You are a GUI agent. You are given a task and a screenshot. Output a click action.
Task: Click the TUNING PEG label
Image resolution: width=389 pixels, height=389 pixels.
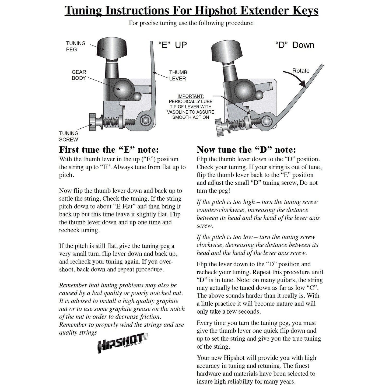[76, 46]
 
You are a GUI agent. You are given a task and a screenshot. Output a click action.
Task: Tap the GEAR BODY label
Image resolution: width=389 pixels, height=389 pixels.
[79, 75]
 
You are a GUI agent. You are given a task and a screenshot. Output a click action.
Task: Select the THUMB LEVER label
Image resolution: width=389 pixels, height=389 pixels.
[178, 75]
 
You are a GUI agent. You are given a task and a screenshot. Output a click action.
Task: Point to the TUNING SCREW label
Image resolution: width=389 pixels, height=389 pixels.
[69, 136]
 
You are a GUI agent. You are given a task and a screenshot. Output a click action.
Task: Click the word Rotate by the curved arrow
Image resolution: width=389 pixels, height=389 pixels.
[301, 71]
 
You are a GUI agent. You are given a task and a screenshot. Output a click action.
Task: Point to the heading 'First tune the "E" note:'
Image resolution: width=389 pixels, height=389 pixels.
[109, 149]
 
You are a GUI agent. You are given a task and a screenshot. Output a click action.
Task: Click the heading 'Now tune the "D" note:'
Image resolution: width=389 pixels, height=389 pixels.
[246, 149]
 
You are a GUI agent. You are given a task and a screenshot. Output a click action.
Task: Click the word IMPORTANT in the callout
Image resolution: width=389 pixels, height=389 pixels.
[191, 96]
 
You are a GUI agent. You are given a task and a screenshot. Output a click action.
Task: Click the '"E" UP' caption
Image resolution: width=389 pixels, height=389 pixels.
[172, 45]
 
